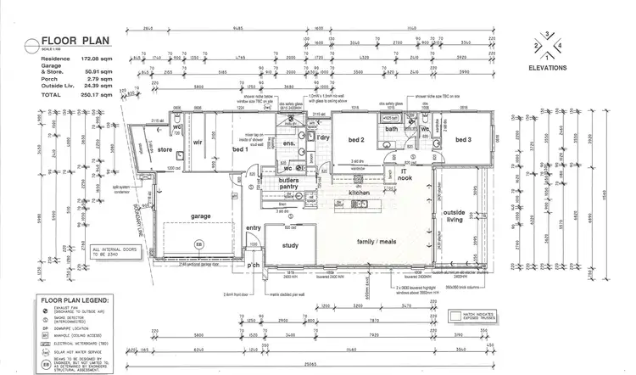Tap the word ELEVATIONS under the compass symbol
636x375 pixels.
pos(547,67)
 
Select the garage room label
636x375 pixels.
pos(200,215)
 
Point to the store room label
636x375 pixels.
pos(165,151)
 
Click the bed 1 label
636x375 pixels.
pos(240,150)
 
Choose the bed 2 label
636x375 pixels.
pos(355,140)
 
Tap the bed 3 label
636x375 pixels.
pos(462,140)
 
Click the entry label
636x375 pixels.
pos(254,228)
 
